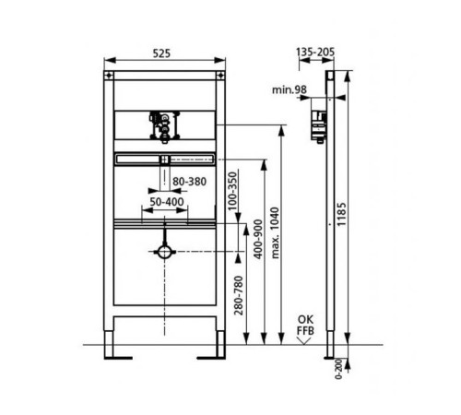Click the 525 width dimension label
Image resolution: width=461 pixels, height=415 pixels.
pos(161,53)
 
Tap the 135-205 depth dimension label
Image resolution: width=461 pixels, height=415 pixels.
pos(315,52)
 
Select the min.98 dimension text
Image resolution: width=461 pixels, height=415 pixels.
pos(290,89)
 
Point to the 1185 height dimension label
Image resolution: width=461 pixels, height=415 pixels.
pos(341,214)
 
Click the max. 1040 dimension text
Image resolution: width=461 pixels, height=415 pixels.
pos(275,232)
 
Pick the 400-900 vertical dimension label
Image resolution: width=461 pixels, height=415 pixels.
pos(258,239)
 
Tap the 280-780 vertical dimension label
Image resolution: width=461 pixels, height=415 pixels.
pos(239,295)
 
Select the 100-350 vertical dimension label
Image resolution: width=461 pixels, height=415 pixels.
pos(233,191)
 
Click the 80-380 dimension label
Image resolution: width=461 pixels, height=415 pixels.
pos(189,182)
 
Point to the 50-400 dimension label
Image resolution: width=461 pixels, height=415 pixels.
pos(167,202)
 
